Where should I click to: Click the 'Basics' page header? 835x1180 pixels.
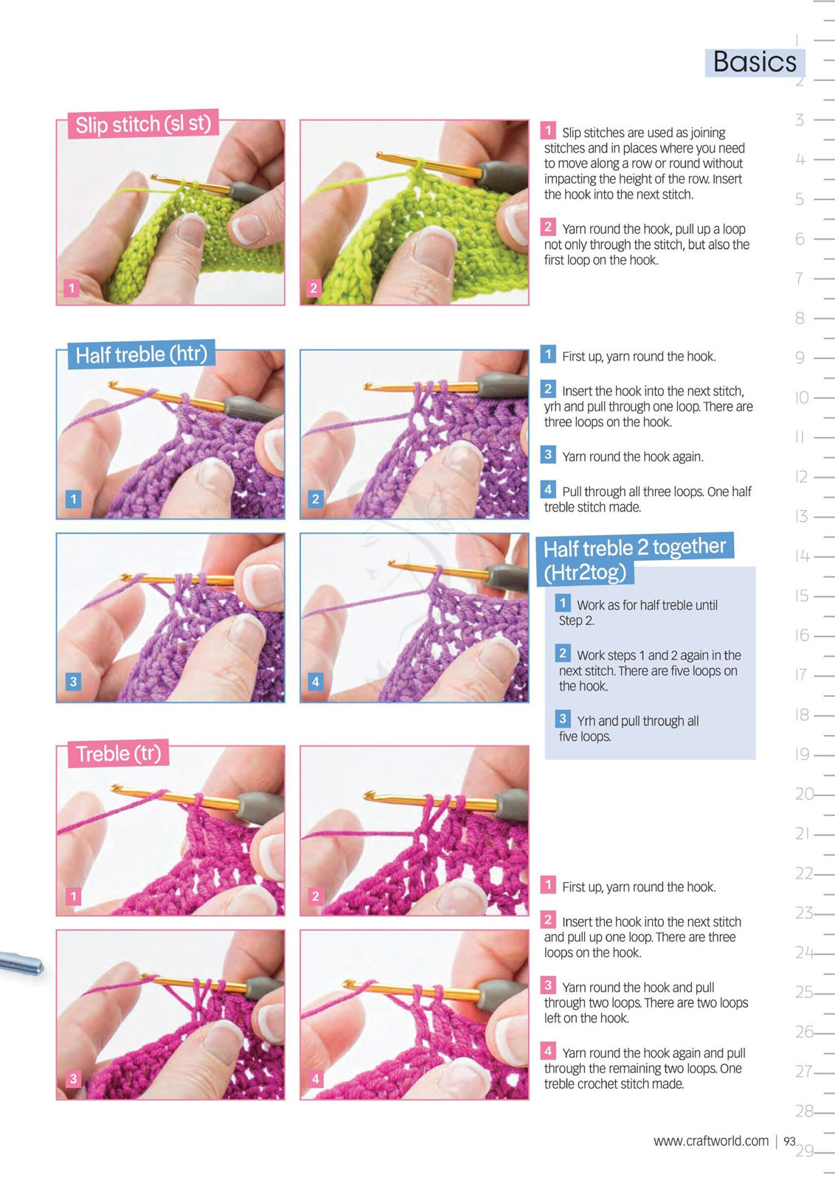click(x=755, y=62)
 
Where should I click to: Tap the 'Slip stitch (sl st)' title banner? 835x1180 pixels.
click(x=143, y=125)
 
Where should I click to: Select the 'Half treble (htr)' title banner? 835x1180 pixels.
click(x=142, y=354)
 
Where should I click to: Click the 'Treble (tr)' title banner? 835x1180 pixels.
click(x=118, y=753)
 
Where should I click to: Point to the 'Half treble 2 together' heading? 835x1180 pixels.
click(x=634, y=548)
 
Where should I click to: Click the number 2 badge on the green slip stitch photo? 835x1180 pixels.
click(x=313, y=287)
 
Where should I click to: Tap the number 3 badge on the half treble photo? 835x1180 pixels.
click(x=73, y=681)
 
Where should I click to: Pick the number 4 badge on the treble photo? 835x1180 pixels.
click(x=315, y=1078)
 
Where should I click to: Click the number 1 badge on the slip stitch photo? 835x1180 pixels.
click(x=71, y=287)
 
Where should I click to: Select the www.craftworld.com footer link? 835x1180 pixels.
click(x=711, y=1141)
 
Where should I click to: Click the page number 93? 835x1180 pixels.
click(x=789, y=1141)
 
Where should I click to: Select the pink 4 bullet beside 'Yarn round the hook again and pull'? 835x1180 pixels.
click(x=548, y=1052)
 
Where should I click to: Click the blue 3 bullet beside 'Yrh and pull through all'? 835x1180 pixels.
click(x=563, y=719)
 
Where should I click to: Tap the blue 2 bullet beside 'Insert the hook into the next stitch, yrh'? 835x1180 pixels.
click(x=548, y=388)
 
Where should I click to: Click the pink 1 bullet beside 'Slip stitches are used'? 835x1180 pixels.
click(x=548, y=130)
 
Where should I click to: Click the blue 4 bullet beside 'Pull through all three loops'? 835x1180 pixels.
click(x=548, y=489)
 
